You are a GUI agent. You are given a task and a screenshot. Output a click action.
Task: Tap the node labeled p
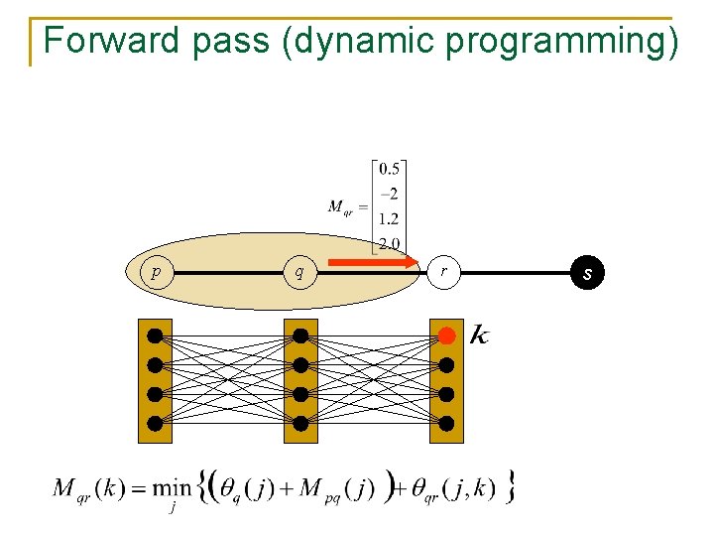[153, 271]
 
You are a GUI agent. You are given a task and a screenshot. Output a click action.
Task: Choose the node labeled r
[443, 271]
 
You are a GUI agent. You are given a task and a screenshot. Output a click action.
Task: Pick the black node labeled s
[587, 272]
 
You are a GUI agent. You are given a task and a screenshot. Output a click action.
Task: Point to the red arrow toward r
[372, 263]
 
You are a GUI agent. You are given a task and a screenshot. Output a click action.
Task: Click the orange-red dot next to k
[447, 335]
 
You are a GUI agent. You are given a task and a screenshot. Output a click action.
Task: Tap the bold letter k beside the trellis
[478, 335]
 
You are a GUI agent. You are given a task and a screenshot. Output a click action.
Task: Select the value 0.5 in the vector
[390, 169]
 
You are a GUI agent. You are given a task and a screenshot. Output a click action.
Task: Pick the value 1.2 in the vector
[390, 218]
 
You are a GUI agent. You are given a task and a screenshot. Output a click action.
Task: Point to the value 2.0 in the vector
[390, 243]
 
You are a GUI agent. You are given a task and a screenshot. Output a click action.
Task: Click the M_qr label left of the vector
[345, 207]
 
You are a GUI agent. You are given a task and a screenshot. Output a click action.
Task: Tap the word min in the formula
[177, 487]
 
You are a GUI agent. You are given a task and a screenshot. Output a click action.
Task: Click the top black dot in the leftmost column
[155, 335]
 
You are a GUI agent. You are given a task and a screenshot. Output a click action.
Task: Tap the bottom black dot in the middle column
[300, 424]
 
